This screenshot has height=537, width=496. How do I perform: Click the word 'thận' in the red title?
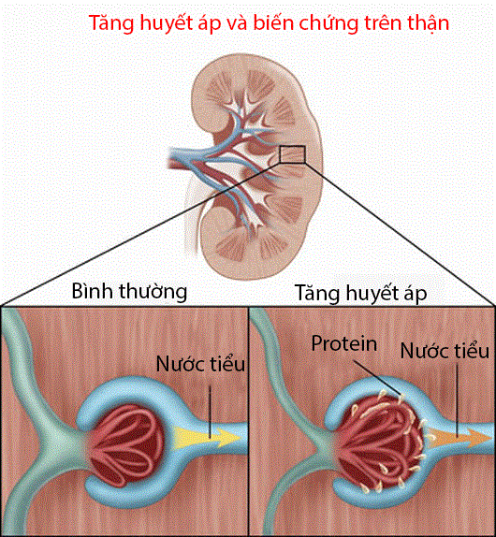(429, 24)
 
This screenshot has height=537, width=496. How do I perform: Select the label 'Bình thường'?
(129, 292)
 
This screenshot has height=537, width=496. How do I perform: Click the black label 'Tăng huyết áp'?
(360, 294)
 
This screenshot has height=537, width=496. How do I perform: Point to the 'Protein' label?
(343, 343)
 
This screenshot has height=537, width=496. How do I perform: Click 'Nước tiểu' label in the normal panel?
(200, 364)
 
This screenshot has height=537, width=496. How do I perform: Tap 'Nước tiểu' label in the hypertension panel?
(445, 351)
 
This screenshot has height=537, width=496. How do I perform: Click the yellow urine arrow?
(207, 438)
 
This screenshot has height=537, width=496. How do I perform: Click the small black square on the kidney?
(292, 154)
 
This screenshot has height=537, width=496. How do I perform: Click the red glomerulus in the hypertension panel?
(380, 444)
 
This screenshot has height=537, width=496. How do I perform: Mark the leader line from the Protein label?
(377, 378)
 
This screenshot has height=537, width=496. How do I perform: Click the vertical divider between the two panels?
(248, 421)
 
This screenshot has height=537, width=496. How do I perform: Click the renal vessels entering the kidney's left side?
(186, 157)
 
